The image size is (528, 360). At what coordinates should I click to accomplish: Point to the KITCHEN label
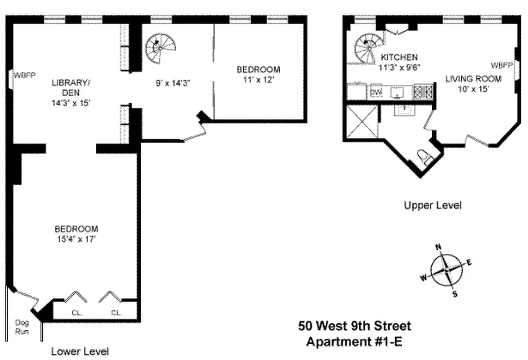[x=399, y=57]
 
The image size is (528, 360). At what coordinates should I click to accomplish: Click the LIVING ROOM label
[x=473, y=79]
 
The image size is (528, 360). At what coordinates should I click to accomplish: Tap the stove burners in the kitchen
[x=424, y=92]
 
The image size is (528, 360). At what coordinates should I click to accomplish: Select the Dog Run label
[x=22, y=327]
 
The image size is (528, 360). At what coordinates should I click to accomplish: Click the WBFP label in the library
[x=26, y=74]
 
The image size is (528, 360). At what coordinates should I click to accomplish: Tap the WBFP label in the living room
[x=501, y=65]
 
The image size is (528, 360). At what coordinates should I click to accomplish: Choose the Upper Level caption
[x=432, y=206]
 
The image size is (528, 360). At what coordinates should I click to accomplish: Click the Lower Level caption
[x=80, y=351]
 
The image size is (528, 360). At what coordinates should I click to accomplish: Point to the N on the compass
[x=438, y=247]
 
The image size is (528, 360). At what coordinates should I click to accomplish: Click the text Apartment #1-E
[x=354, y=342]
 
